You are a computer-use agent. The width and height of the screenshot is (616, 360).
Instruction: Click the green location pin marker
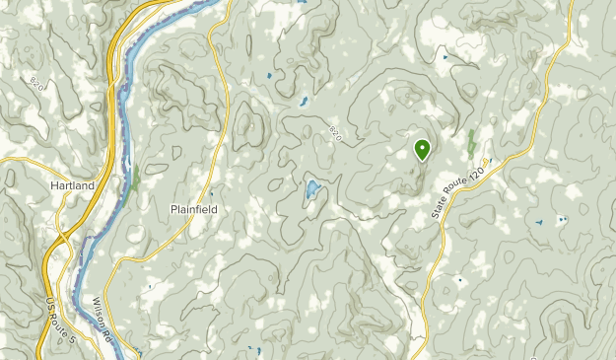(x=422, y=150)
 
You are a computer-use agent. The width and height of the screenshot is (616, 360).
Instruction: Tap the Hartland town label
(x=73, y=185)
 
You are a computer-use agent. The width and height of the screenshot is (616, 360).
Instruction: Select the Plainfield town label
(x=193, y=210)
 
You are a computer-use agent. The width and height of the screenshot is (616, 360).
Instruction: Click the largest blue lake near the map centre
(x=310, y=188)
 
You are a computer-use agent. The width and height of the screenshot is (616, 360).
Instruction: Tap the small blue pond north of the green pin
(x=445, y=57)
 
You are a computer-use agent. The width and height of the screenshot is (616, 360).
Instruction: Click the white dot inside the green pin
(x=422, y=149)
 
